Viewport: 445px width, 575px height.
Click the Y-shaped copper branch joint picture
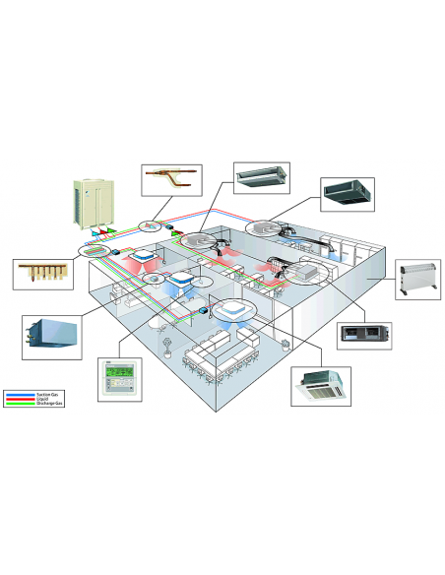click(x=170, y=180)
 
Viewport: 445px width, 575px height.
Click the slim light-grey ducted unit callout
click(x=262, y=176)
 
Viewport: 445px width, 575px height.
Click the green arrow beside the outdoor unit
click(x=112, y=232)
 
